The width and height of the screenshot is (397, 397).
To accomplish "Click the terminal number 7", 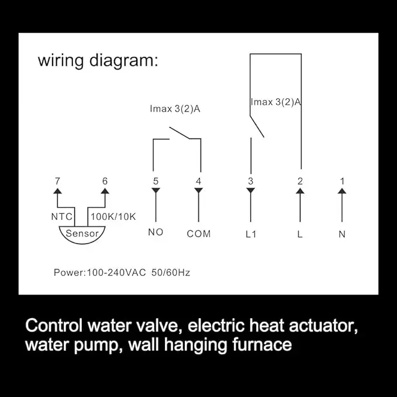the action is [57, 181].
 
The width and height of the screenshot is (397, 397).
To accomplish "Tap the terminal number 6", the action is [105, 181].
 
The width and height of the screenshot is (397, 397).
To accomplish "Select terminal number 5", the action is [156, 181].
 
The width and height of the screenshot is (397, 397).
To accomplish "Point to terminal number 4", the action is [199, 181].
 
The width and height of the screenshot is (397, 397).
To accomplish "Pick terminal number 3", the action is [251, 181].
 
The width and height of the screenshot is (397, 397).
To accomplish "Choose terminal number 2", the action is [300, 181].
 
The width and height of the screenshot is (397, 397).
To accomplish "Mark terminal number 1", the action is [342, 181].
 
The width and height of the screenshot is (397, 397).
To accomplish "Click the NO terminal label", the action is [156, 232].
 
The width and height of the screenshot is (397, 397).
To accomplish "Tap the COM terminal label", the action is [199, 234].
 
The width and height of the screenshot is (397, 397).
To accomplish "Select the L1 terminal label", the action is [251, 234].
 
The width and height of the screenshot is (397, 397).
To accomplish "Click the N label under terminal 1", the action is [342, 234].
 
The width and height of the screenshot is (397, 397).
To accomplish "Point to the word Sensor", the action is [82, 233].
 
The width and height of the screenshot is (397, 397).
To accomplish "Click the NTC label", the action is [62, 217].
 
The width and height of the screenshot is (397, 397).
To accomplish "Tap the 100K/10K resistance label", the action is [113, 217].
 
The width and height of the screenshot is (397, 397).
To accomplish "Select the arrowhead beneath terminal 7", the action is [57, 191].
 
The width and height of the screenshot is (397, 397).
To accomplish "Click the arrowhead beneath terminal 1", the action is [342, 191].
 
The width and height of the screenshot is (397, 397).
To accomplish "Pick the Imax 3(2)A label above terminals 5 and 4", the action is [175, 109].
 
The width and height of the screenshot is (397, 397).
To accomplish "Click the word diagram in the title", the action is [124, 61].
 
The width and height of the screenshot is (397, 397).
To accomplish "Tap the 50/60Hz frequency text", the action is [171, 272].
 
